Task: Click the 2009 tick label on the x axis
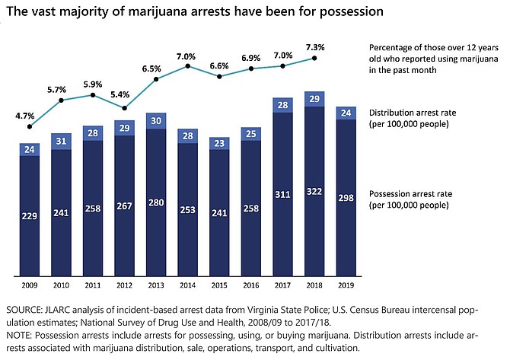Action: click(x=30, y=285)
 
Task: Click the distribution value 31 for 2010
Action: click(x=62, y=142)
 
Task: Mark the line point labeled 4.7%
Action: click(x=30, y=127)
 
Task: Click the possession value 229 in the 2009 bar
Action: click(x=30, y=216)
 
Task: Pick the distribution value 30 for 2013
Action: click(x=157, y=120)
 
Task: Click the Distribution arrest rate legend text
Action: click(x=412, y=112)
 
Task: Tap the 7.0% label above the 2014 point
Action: click(x=188, y=56)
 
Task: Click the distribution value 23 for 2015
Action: click(x=220, y=142)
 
